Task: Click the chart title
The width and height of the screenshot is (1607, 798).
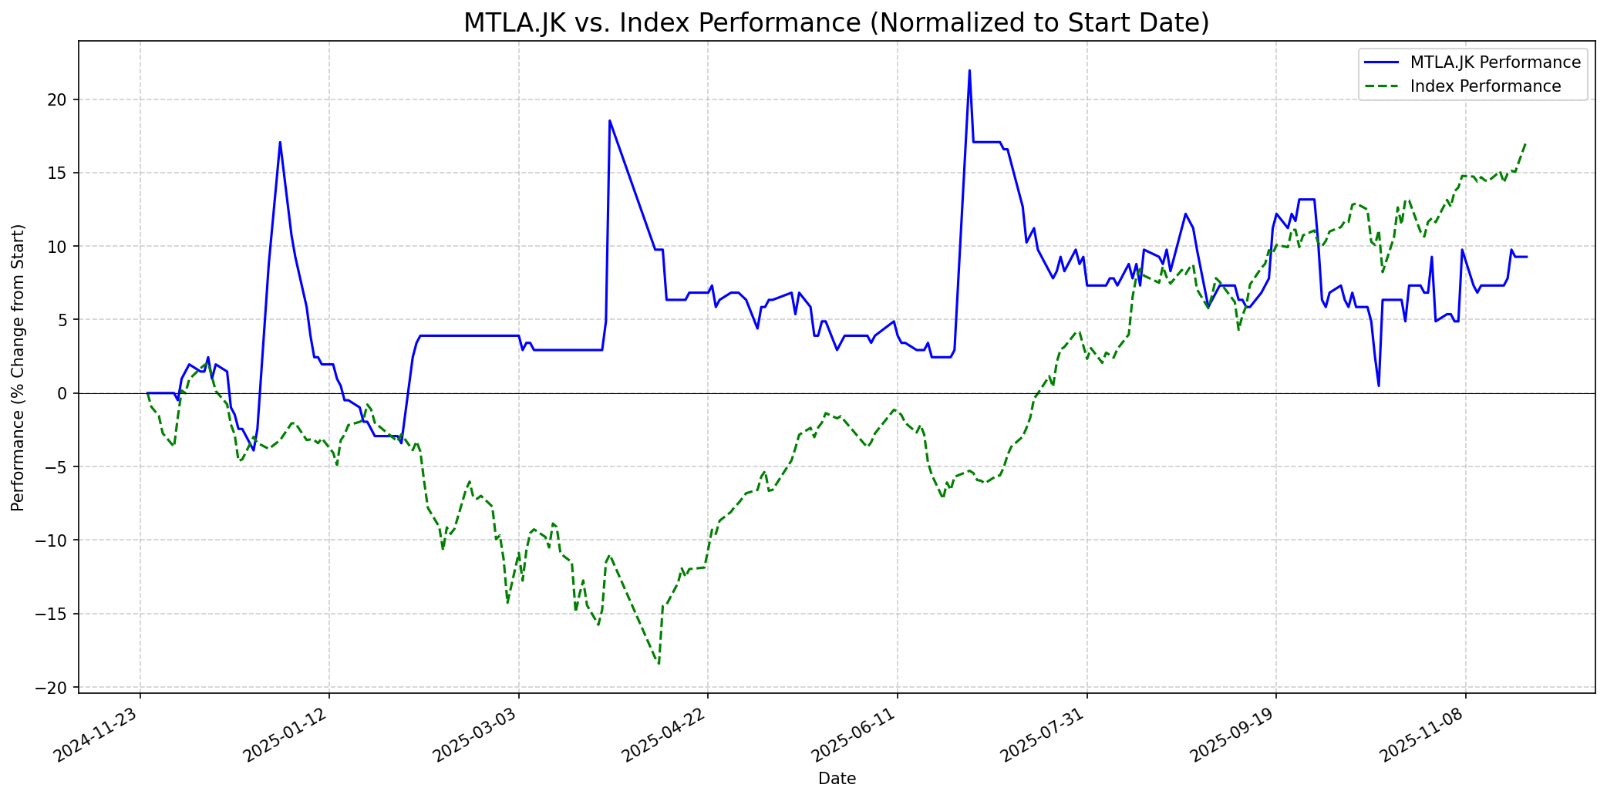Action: click(836, 23)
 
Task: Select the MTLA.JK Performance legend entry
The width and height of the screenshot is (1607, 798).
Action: click(1495, 62)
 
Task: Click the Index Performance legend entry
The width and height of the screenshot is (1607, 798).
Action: click(1485, 86)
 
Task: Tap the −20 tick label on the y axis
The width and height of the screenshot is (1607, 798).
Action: click(56, 688)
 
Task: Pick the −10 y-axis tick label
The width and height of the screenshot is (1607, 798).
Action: click(56, 540)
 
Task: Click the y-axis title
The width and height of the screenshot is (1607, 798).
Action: click(19, 367)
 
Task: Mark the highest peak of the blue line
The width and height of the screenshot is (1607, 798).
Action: click(969, 71)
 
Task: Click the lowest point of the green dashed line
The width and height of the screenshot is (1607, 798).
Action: click(659, 664)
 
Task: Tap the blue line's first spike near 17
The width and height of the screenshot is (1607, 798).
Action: click(280, 142)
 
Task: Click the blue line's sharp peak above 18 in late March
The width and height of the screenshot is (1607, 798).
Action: click(609, 120)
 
